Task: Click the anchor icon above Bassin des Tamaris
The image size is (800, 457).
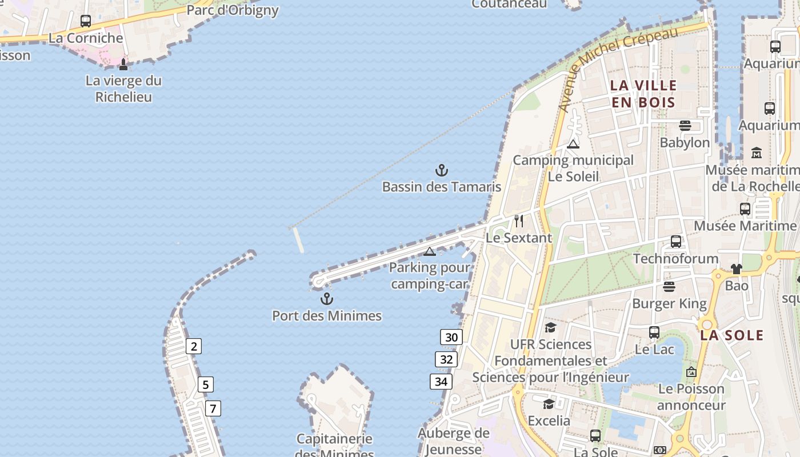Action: [x=441, y=170]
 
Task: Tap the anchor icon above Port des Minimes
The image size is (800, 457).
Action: [x=326, y=299]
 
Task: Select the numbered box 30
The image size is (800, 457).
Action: [x=451, y=337]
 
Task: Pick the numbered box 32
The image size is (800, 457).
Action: [x=446, y=359]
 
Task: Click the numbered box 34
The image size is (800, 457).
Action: [x=441, y=382]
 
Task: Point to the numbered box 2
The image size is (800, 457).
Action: [x=194, y=346]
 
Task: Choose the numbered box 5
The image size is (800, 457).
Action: [x=205, y=384]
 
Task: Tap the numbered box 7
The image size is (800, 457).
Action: [x=213, y=408]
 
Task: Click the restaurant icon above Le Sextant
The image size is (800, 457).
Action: [x=519, y=221]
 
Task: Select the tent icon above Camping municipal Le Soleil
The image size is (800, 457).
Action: [x=573, y=144]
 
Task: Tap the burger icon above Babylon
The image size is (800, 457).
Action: [x=685, y=126]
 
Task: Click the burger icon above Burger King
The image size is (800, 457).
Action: [x=669, y=286]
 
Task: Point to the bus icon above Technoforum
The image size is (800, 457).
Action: [x=676, y=242]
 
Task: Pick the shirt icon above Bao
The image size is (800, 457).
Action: [x=736, y=268]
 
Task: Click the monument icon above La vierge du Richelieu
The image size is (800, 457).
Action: [x=123, y=64]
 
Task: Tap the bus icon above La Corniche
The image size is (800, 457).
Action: [x=86, y=21]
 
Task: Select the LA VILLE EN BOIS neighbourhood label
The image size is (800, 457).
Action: [x=643, y=94]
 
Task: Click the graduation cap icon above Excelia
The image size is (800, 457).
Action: [x=549, y=404]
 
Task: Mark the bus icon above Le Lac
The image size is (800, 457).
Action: [x=654, y=332]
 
